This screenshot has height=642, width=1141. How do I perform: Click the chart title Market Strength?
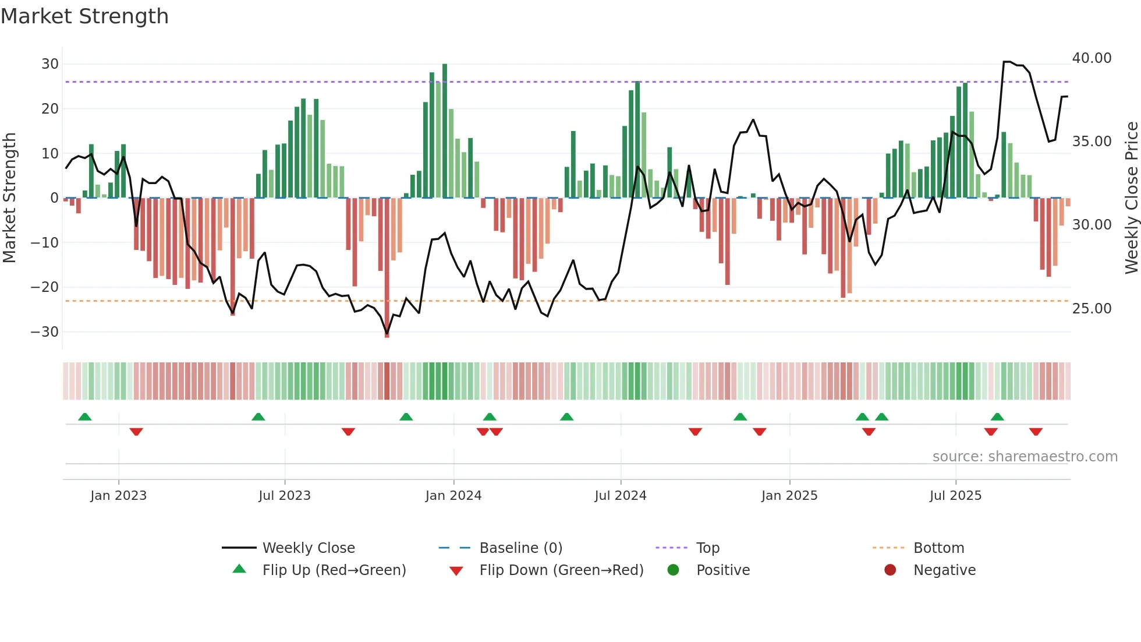point(85,16)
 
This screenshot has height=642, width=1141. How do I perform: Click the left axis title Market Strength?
point(9,198)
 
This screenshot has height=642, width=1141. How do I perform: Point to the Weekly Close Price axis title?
point(1131,198)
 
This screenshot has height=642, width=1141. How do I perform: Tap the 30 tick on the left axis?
point(50,64)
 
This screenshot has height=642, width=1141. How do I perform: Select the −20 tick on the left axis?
point(45,287)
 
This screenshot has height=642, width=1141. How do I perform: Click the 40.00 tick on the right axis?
point(1092,58)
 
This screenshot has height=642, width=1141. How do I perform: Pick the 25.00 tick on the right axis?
point(1092,309)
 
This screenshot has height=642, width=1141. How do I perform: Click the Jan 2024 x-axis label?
point(453,496)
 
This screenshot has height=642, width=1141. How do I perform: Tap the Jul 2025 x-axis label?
point(955,496)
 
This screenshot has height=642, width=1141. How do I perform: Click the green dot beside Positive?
point(674,570)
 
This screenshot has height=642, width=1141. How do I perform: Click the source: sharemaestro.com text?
point(1025,457)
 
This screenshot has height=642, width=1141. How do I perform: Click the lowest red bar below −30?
point(387,268)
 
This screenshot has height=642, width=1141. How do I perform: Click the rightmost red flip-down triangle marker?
point(1036,432)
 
